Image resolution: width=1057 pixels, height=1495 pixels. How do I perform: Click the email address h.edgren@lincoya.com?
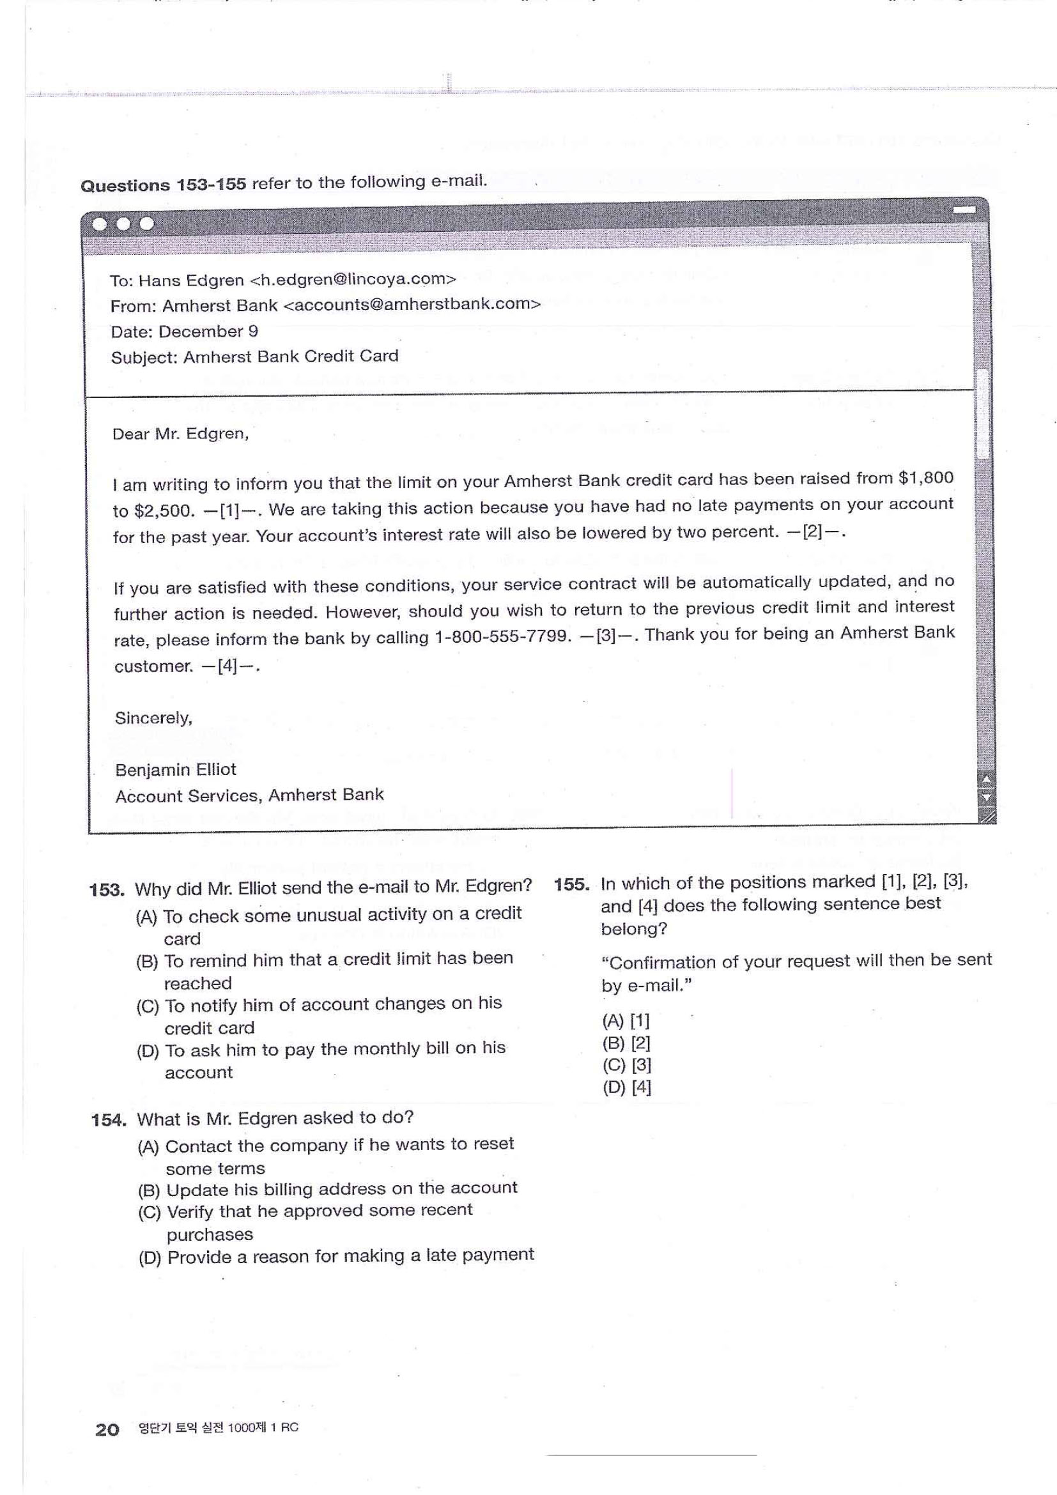click(x=352, y=280)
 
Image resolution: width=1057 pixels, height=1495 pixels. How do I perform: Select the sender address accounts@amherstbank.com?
click(x=412, y=305)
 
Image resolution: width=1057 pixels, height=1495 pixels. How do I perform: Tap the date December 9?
click(x=208, y=332)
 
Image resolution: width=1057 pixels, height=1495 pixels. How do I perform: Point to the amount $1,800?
click(x=925, y=478)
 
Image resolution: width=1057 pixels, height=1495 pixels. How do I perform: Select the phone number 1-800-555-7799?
click(x=502, y=636)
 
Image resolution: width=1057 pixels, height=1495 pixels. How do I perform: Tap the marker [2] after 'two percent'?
click(x=813, y=532)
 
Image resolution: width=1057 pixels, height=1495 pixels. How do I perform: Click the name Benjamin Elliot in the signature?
click(x=175, y=770)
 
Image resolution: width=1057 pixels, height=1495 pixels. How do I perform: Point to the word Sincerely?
click(x=153, y=718)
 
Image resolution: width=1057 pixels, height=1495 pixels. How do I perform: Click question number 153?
click(x=106, y=890)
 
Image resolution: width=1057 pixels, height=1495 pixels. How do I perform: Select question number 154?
click(x=108, y=1120)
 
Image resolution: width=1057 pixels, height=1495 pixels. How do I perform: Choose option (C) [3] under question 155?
click(x=626, y=1065)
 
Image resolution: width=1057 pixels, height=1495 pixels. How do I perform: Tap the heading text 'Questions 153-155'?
click(x=163, y=185)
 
